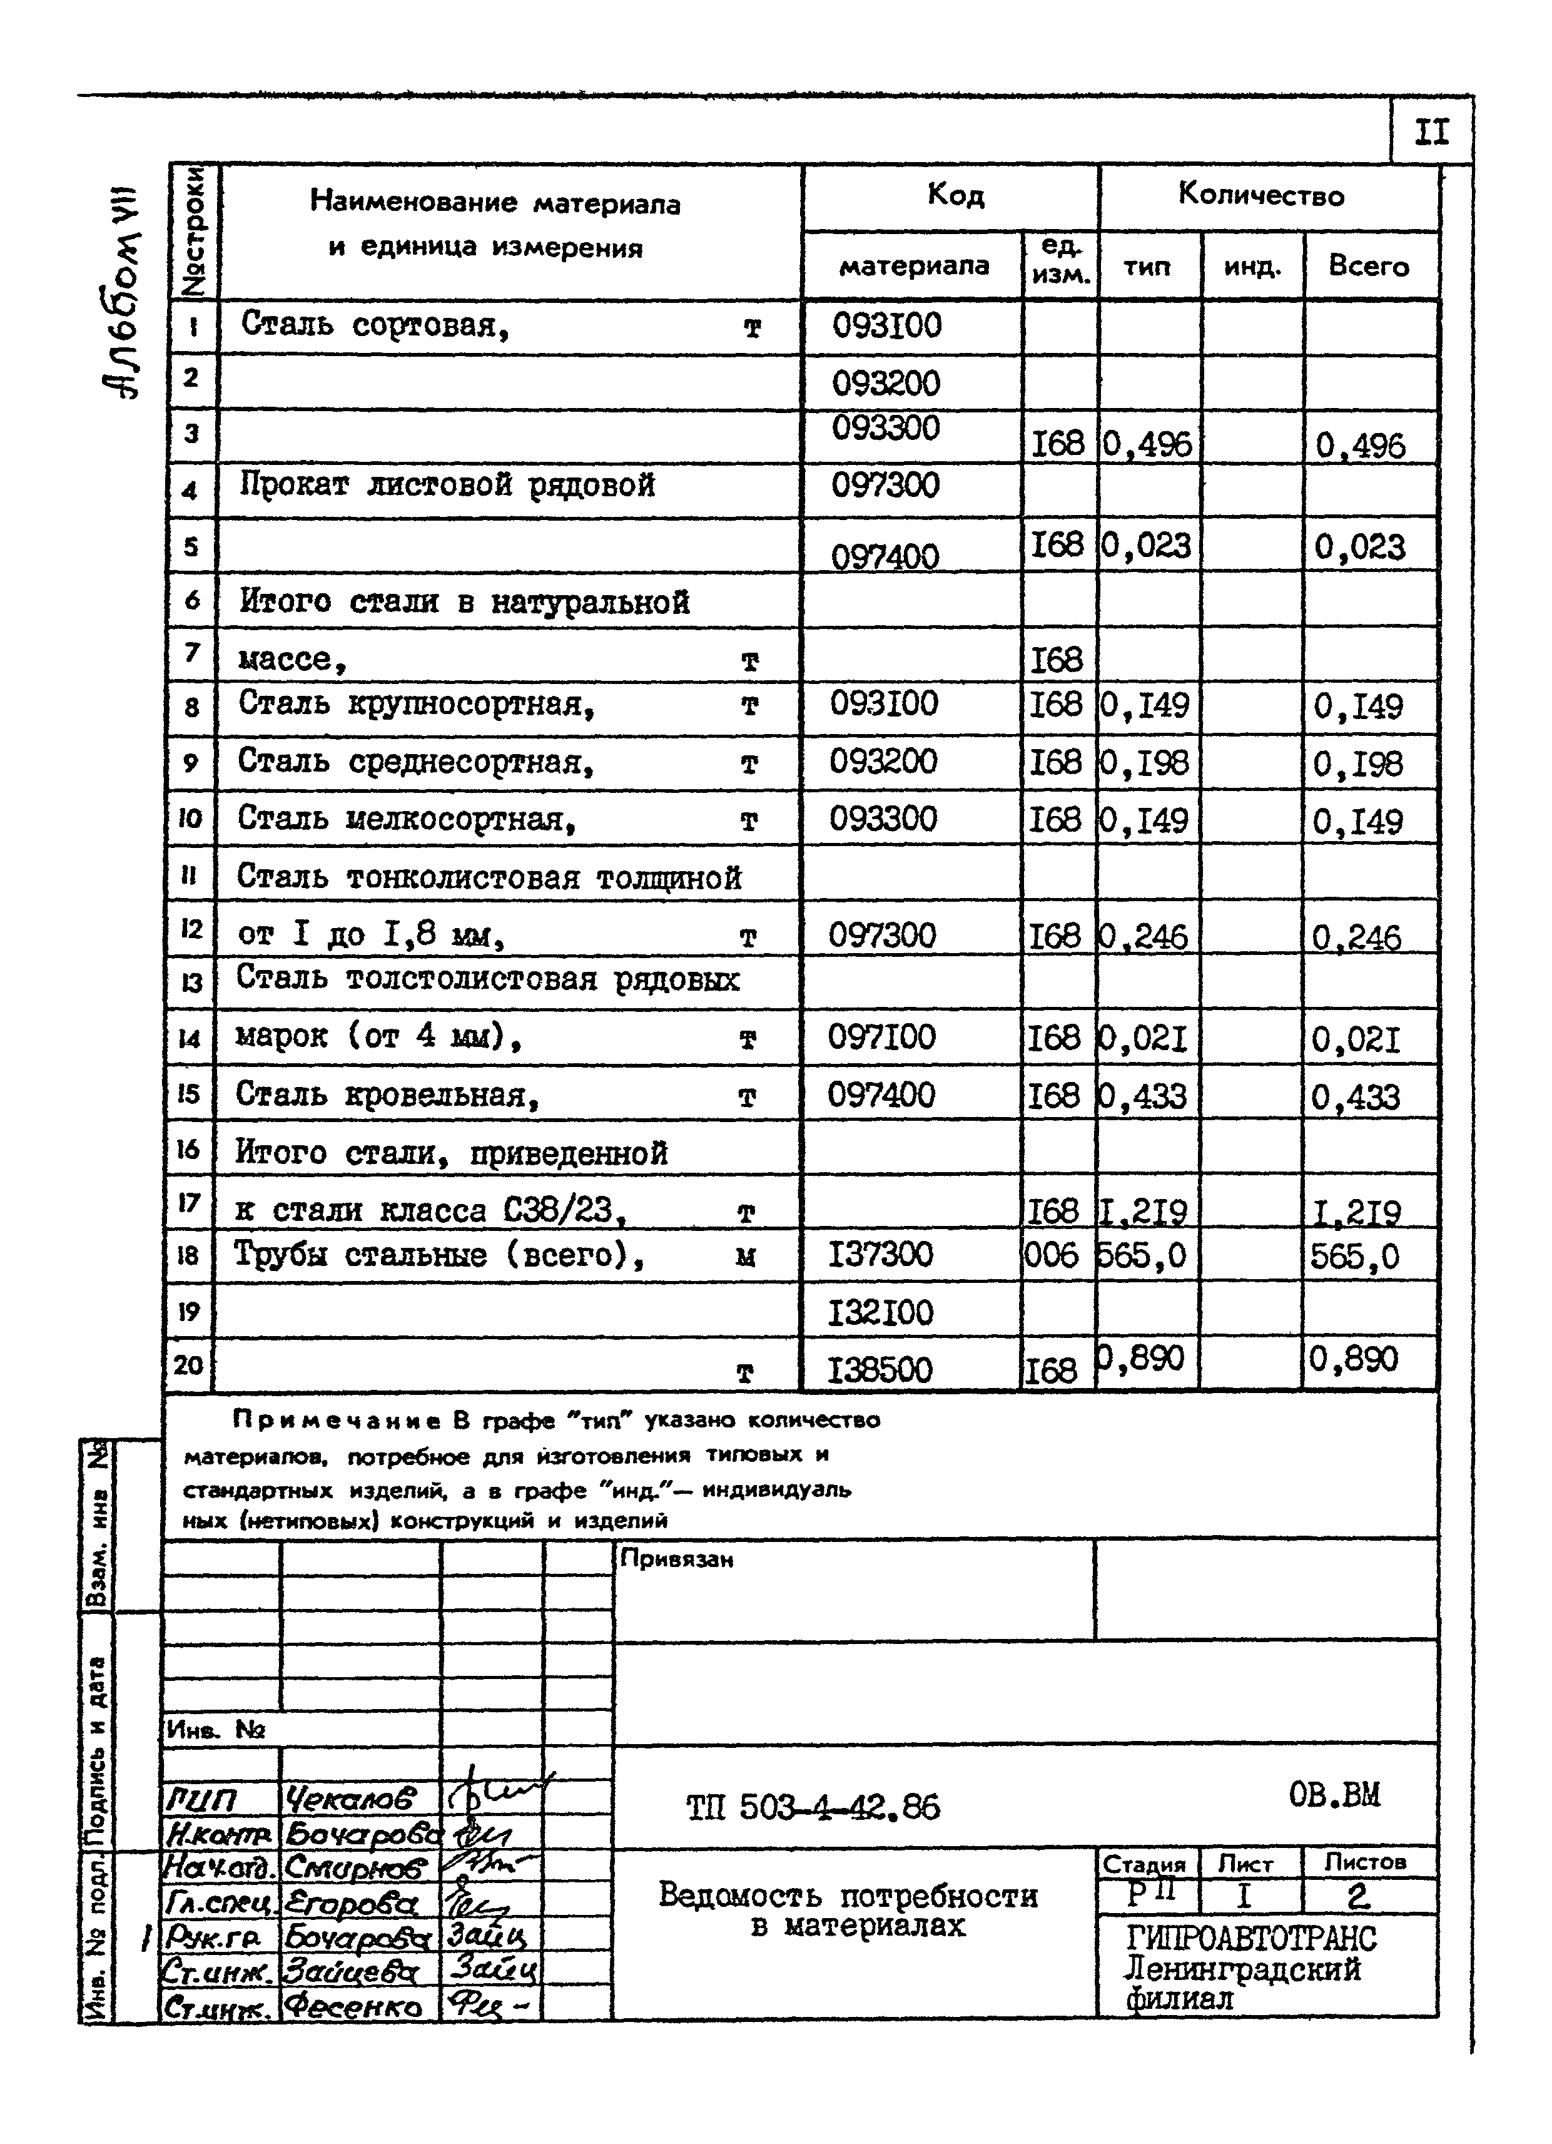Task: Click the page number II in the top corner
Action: pyautogui.click(x=1431, y=132)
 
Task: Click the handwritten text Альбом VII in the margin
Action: pyautogui.click(x=123, y=293)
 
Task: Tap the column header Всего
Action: pyautogui.click(x=1369, y=267)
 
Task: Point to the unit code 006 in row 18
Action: pyautogui.click(x=1051, y=1255)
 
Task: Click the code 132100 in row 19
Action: pyautogui.click(x=880, y=1312)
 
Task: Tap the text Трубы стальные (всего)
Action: pyautogui.click(x=440, y=1255)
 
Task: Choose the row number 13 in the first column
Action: pyautogui.click(x=191, y=983)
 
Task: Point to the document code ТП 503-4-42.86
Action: pyautogui.click(x=813, y=1807)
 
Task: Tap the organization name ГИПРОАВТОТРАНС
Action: pyautogui.click(x=1250, y=1939)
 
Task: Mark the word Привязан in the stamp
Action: pyautogui.click(x=677, y=1559)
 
